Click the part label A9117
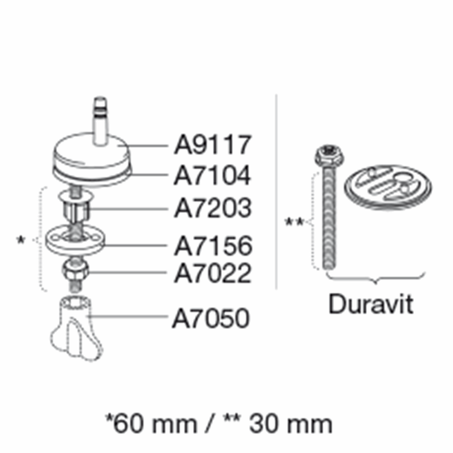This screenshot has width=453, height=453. [212, 145]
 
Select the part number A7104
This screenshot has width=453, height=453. [212, 176]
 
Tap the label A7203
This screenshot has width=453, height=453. [213, 208]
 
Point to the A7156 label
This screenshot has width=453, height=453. [213, 246]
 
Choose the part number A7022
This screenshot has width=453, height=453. [213, 273]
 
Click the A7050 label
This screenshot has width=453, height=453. [211, 318]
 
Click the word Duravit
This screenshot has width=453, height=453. [371, 304]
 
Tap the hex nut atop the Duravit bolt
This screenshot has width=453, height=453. [329, 155]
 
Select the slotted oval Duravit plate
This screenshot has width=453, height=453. [388, 187]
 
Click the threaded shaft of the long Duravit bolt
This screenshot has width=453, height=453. [330, 218]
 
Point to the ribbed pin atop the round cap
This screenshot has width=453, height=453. [101, 121]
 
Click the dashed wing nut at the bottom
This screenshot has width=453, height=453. [77, 329]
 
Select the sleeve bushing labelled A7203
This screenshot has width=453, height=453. [76, 206]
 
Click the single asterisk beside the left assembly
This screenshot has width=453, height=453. [21, 240]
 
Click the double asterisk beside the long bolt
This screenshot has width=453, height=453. [294, 223]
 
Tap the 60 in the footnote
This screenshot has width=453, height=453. [126, 424]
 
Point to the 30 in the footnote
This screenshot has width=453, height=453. [263, 424]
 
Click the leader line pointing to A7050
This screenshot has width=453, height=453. [128, 317]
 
